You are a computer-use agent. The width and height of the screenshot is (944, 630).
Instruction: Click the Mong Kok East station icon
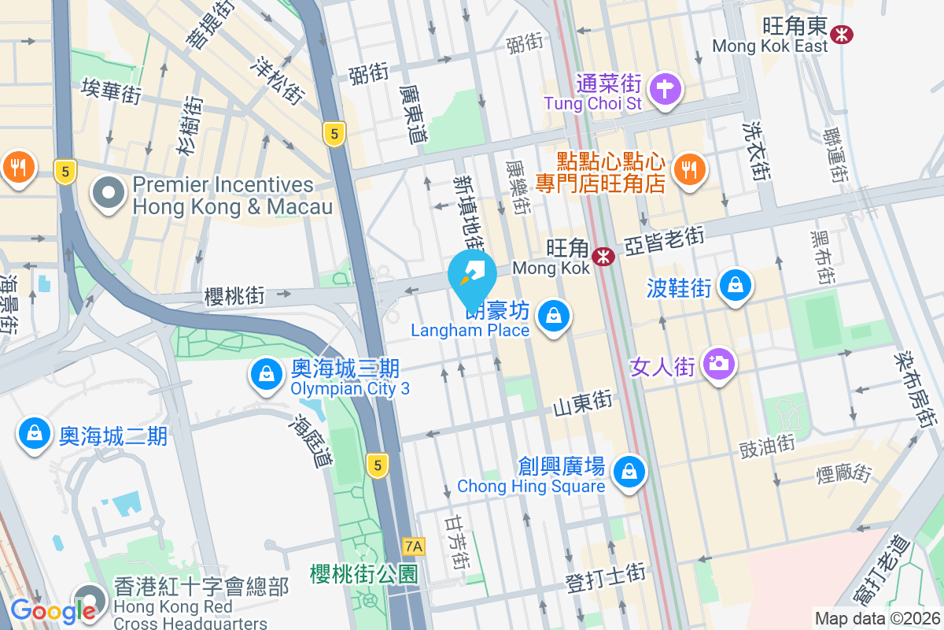pos(843,34)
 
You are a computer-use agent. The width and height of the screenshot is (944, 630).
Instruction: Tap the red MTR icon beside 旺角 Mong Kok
pos(604,256)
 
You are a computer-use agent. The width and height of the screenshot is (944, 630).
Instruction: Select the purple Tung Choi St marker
pos(666,90)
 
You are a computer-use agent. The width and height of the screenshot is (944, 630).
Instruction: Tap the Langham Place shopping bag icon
pos(554,317)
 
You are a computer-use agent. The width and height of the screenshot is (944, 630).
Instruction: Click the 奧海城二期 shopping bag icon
pos(35,435)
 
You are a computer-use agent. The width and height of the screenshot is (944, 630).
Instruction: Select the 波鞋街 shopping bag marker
pos(735,287)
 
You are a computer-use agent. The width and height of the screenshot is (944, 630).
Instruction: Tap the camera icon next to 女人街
pos(718,366)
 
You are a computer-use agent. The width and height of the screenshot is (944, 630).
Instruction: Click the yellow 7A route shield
pos(413,546)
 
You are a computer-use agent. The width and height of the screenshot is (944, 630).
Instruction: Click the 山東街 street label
pos(582,405)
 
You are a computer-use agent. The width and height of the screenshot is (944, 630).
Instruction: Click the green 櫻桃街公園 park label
pos(363,573)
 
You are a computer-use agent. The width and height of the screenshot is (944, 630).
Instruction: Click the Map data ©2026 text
pos(876,618)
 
